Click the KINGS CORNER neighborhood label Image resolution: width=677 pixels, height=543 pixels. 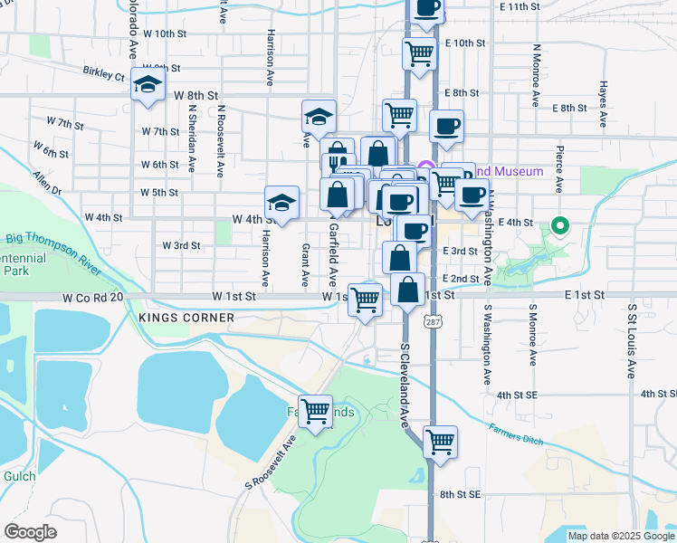coord(186,318)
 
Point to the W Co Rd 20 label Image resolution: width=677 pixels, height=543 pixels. coord(91,297)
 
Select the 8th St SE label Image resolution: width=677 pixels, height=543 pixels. coord(460,494)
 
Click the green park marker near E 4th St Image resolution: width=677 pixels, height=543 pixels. coord(560,226)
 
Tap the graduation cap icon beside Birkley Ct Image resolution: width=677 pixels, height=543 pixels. coord(147,84)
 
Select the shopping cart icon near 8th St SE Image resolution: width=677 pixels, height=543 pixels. coord(440,443)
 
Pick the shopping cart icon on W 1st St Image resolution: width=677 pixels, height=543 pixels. coord(366,300)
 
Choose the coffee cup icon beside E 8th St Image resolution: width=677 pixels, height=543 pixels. coord(445,127)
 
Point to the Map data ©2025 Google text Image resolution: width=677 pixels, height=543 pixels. coord(620,536)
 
